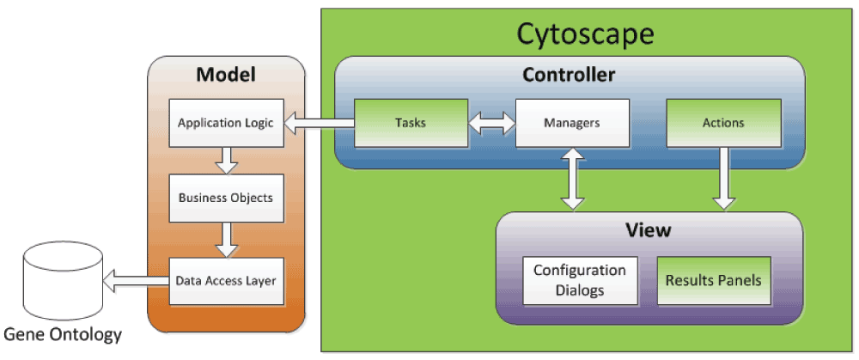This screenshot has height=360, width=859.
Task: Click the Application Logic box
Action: pos(225,123)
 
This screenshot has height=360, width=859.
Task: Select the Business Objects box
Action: pos(225,198)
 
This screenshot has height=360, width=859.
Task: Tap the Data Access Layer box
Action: pos(225,280)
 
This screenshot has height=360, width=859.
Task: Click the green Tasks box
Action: pos(411,123)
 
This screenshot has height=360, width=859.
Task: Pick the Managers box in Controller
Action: pos(571,123)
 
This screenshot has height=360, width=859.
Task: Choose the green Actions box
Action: pos(723,123)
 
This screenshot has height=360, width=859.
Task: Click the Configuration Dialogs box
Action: pos(580,280)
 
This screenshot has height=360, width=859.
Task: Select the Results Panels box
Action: pos(713,280)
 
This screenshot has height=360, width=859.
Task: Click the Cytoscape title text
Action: pos(585,34)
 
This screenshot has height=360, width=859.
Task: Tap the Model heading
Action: pos(226,75)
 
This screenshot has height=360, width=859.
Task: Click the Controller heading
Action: pos(569,76)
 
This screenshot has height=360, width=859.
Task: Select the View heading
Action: pos(649,230)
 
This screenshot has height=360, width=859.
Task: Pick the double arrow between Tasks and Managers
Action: pos(490,124)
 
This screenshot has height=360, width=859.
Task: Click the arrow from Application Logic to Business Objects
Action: pos(226,158)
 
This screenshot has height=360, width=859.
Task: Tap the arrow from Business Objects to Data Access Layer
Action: pos(226,238)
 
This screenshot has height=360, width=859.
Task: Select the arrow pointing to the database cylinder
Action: pos(135,280)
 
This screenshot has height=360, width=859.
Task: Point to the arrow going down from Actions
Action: pos(724,179)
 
